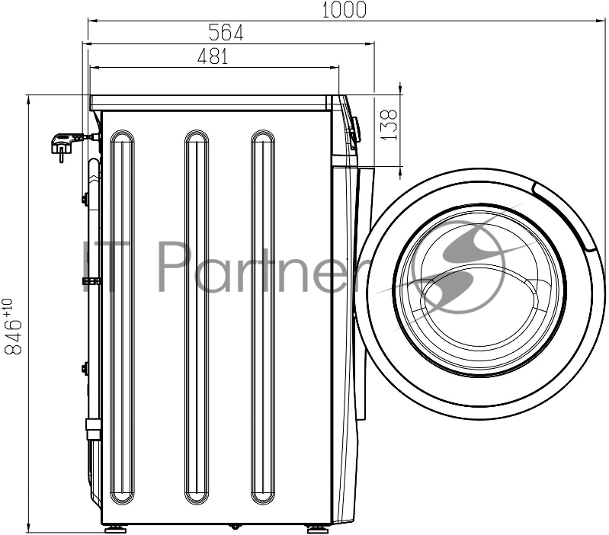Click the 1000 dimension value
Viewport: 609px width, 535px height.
pyautogui.click(x=344, y=9)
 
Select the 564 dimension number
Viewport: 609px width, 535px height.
pyautogui.click(x=226, y=32)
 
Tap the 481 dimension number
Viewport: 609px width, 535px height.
pyautogui.click(x=213, y=56)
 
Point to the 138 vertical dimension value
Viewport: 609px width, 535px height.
pyautogui.click(x=389, y=124)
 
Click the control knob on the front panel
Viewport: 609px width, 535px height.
pyautogui.click(x=354, y=130)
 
